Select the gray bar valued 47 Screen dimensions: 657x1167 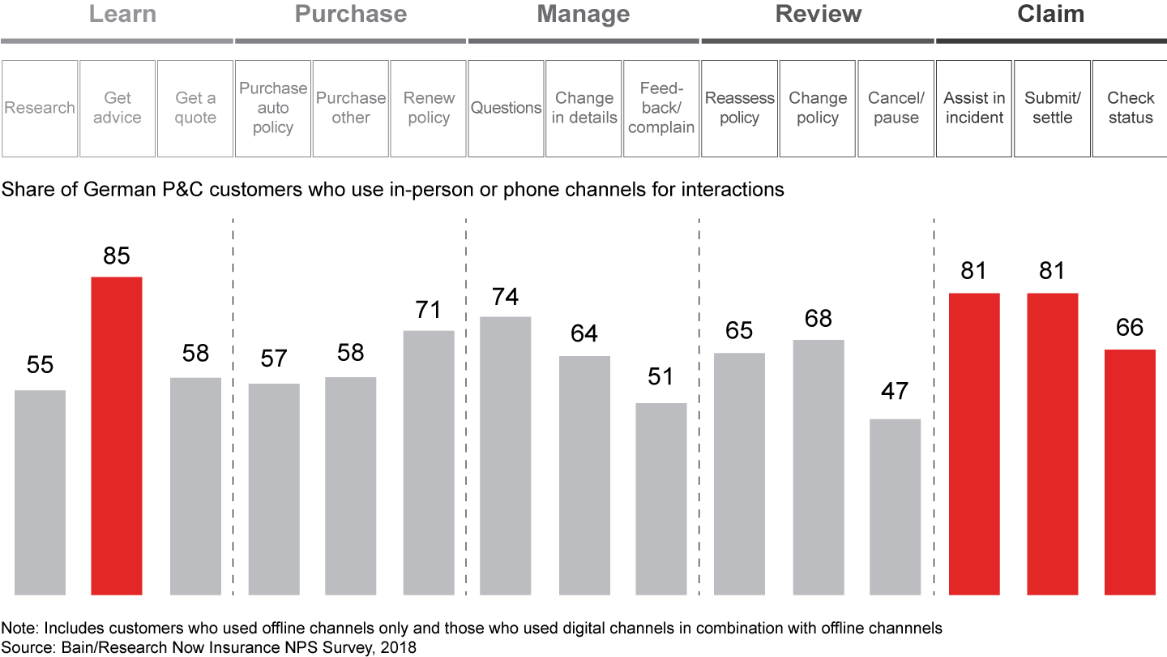[896, 507]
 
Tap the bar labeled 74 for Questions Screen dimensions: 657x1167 [506, 455]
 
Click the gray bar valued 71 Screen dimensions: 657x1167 [429, 462]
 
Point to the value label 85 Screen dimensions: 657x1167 [117, 256]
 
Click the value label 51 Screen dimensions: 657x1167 [660, 377]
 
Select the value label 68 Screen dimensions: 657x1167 [818, 318]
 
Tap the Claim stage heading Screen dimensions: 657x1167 [1050, 15]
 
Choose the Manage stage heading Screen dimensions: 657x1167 [583, 15]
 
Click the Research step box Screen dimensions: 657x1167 [40, 108]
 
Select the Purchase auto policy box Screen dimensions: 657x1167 [273, 108]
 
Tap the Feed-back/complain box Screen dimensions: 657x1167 [661, 108]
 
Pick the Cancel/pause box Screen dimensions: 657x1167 [896, 108]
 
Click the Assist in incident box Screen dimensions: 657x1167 [974, 108]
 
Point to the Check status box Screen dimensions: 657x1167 [1131, 108]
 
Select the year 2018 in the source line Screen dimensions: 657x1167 [400, 647]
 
